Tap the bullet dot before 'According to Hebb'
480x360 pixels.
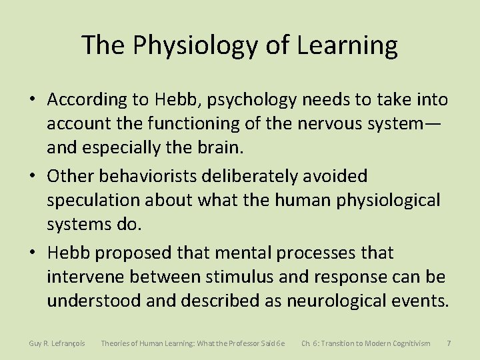pos(33,101)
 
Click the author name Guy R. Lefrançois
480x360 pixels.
pos(57,343)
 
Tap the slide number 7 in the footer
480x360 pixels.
pos(449,343)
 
